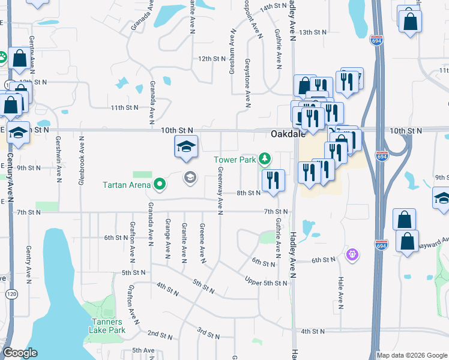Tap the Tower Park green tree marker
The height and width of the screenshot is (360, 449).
click(265, 160)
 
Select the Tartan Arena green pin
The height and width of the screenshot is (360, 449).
click(160, 184)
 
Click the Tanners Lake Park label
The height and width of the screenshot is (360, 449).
click(107, 326)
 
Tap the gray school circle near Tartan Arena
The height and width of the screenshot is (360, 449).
click(190, 177)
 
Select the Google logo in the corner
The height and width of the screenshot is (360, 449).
click(20, 353)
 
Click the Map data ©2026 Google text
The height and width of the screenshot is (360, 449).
click(411, 355)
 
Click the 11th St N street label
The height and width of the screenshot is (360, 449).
click(124, 107)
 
